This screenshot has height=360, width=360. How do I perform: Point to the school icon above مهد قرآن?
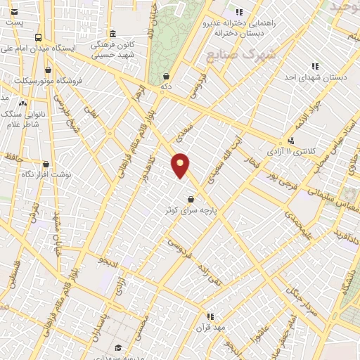click(x=209, y=317)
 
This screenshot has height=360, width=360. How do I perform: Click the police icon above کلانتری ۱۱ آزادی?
click(x=291, y=141)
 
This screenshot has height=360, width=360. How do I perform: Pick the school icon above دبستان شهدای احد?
click(x=314, y=67)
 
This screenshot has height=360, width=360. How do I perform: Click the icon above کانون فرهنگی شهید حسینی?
click(x=112, y=34)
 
